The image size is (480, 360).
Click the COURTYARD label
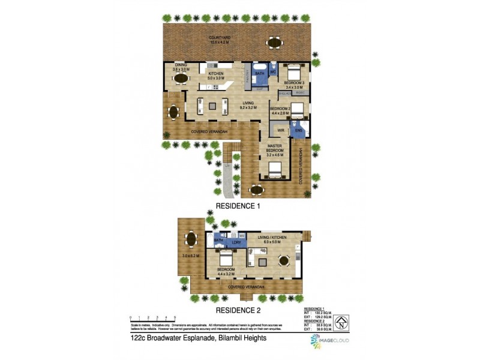(x=220, y=37)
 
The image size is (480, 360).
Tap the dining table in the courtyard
(x=274, y=43)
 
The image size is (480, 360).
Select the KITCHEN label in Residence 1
(x=215, y=74)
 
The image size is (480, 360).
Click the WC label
(x=272, y=72)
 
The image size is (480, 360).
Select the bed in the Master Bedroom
(x=274, y=170)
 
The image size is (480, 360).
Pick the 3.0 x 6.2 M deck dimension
(x=191, y=257)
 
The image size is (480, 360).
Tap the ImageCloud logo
(x=329, y=341)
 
